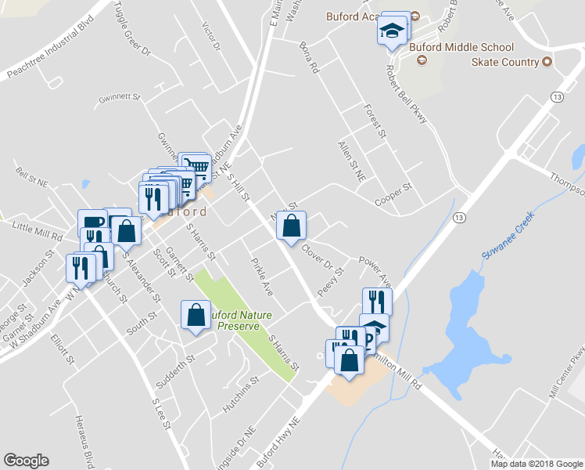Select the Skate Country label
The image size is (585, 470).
[x=505, y=62]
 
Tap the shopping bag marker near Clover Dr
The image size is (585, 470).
[x=291, y=226]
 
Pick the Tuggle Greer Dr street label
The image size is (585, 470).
[x=131, y=27]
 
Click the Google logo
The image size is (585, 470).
[x=27, y=460]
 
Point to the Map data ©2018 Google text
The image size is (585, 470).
[x=537, y=463]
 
